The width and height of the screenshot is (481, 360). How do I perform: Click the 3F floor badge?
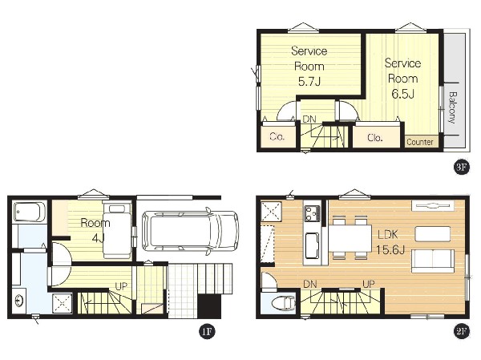click(462, 168)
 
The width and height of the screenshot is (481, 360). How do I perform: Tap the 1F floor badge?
click(207, 331)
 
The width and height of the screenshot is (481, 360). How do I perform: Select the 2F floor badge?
click(462, 331)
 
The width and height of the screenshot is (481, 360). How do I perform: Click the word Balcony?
click(452, 107)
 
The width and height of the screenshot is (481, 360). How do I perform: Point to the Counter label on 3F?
click(420, 142)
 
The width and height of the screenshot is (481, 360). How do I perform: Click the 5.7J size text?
click(309, 82)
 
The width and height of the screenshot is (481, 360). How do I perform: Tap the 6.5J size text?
click(402, 94)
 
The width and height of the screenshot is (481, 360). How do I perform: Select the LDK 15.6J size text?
click(390, 250)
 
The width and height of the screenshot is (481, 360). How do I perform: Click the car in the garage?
click(191, 231)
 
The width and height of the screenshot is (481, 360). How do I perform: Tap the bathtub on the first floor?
click(30, 212)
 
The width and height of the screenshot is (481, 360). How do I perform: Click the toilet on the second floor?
click(284, 303)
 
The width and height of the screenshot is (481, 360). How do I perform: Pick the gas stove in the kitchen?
click(313, 213)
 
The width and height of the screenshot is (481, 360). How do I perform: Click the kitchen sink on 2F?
click(312, 246)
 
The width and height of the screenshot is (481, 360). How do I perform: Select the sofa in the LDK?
click(433, 261)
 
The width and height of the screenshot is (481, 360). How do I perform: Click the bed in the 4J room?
click(117, 230)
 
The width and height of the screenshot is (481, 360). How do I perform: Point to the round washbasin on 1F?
click(19, 301)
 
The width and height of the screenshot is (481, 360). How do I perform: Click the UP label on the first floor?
click(121, 286)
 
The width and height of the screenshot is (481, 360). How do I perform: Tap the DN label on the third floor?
click(309, 119)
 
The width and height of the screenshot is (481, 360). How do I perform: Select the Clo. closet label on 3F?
click(375, 137)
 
